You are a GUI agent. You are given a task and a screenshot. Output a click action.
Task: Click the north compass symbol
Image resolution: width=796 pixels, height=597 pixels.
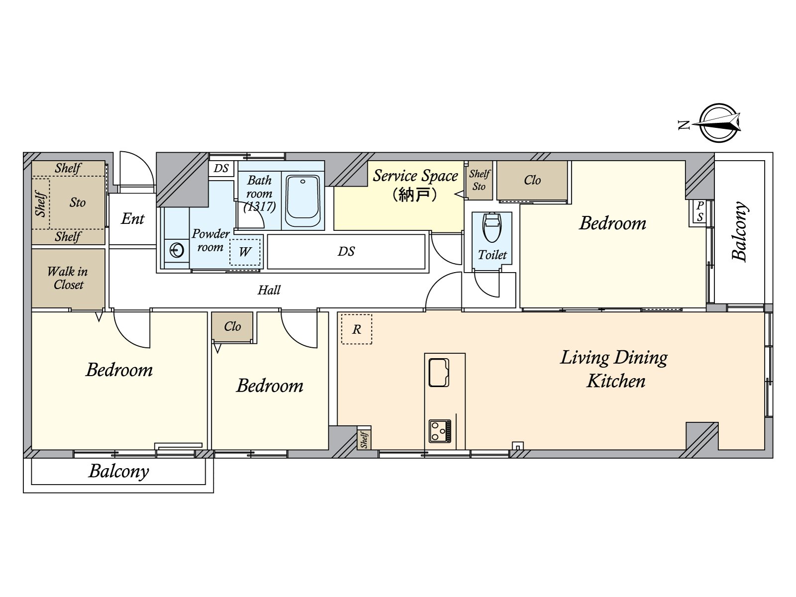(x=719, y=122)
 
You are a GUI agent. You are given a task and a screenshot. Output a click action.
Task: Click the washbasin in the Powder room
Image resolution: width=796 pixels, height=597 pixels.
(x=177, y=250)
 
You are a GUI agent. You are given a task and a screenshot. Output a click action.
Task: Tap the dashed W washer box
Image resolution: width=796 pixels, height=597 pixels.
(x=244, y=252)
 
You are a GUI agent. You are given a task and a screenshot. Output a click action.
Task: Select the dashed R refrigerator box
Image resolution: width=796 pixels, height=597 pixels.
(x=357, y=329)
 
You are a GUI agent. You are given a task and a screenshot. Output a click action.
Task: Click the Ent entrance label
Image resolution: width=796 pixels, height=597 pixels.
(x=132, y=219)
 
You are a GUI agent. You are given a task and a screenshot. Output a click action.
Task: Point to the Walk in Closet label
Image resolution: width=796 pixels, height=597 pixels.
(x=68, y=278)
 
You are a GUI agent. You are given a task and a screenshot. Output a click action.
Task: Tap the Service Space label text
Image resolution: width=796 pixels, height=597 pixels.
(x=415, y=176)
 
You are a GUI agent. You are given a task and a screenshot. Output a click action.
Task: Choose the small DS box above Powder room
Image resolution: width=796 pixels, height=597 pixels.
(x=221, y=168)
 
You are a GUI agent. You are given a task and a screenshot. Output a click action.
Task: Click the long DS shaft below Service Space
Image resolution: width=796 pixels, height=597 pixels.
(x=346, y=252)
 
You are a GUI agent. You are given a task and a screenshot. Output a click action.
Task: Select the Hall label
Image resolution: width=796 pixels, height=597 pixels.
(x=269, y=290)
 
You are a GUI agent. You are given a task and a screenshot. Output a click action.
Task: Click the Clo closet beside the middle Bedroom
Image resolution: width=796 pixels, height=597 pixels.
(x=232, y=327)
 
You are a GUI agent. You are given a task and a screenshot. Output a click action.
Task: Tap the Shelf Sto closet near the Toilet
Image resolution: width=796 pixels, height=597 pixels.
(x=480, y=180)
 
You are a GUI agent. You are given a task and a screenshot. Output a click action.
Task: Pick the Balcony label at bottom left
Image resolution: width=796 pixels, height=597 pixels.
(x=118, y=471)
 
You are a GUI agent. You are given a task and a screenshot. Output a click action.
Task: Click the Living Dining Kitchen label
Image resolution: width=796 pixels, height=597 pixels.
(x=614, y=369)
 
